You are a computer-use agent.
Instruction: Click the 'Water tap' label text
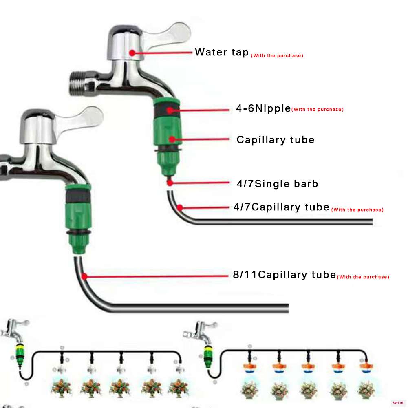pos(222,52)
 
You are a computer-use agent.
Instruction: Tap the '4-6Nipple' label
pos(263,108)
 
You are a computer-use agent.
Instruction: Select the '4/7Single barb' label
pos(278,184)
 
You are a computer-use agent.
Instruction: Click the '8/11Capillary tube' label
pos(284,275)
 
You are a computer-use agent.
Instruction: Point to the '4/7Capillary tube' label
pos(282,207)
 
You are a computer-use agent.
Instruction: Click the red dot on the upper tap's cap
pos(132,53)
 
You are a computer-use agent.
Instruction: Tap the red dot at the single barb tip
pos(170,183)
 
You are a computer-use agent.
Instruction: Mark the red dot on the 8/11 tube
pos(84,276)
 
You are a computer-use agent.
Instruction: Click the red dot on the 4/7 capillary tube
pos(180,207)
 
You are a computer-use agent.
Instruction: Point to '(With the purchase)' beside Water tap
pos(277,56)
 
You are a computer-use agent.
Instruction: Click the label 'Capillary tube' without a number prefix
pos(276,140)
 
